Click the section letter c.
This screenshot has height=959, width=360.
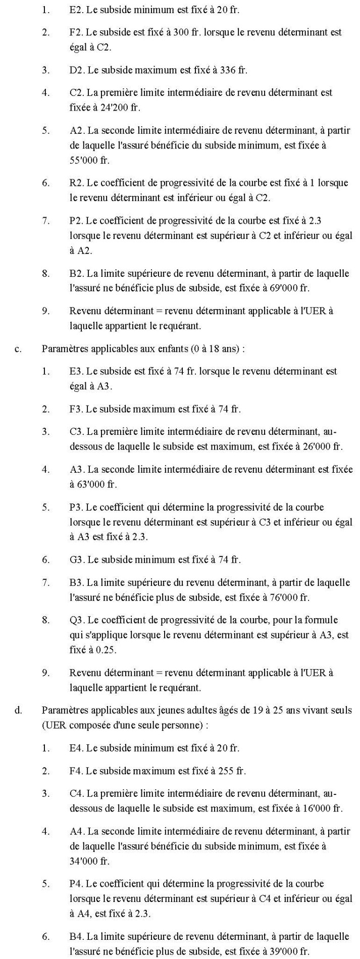point(18,349)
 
